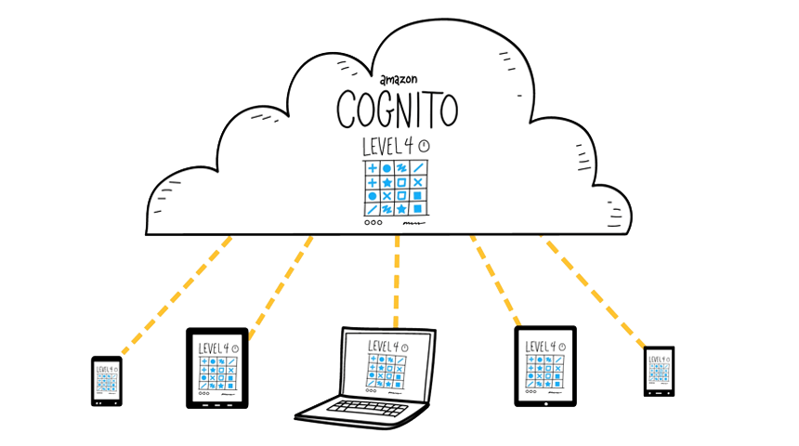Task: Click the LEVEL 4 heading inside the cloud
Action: tap(391, 147)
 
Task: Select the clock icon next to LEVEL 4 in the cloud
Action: tap(425, 147)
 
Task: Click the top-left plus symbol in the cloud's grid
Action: tap(373, 168)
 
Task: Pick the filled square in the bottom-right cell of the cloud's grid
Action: tap(418, 209)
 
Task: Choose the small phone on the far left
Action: tap(105, 380)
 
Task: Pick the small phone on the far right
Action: tap(660, 372)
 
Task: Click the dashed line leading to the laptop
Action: tap(398, 279)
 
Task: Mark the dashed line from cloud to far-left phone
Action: tap(177, 297)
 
